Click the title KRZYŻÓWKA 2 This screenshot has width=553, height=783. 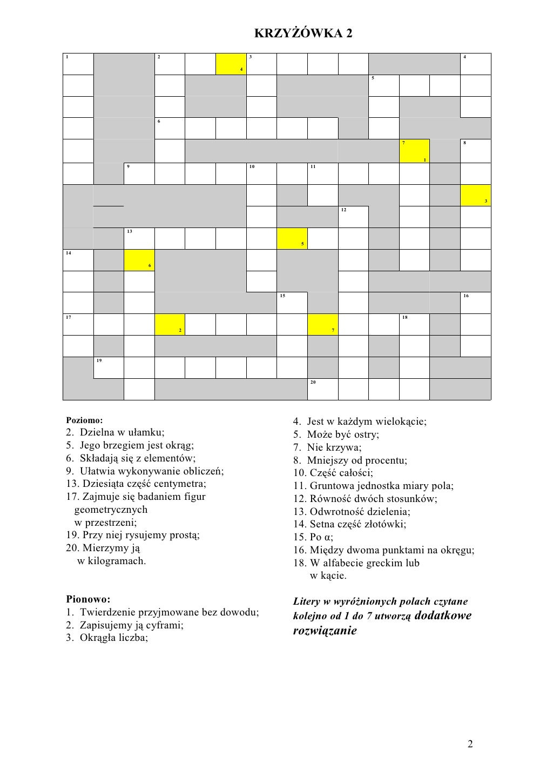point(303,34)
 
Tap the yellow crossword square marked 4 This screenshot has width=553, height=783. point(231,64)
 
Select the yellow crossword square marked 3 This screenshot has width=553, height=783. point(476,195)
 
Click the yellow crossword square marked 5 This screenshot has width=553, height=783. point(292,239)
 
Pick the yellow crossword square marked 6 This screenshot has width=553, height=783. point(139,260)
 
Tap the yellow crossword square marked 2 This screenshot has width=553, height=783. point(170,324)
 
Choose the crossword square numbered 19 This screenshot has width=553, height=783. point(109,367)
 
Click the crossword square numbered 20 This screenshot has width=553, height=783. point(322,389)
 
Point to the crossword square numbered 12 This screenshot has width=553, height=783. point(353,217)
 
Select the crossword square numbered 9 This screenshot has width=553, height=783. point(139,173)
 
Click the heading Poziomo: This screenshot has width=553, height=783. point(84,420)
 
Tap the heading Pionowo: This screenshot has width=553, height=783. point(88,599)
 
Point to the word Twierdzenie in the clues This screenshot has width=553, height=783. point(106,612)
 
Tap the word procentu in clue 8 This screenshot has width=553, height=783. point(386,460)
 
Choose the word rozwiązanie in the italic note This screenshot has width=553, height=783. point(325,631)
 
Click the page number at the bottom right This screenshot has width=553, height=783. point(470,745)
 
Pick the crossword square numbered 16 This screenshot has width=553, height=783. point(476,303)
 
